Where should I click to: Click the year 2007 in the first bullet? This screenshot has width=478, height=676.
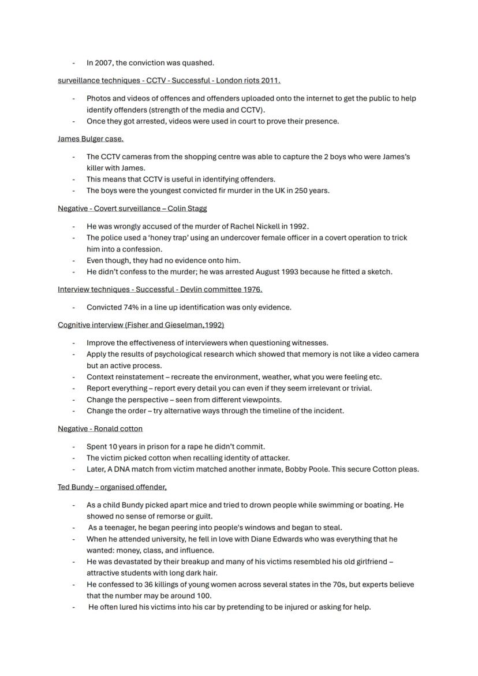[103, 63]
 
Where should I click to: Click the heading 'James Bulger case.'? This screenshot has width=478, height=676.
[91, 139]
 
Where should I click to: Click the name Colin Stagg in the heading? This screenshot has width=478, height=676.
[187, 208]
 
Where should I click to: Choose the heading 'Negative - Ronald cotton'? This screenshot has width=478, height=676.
[100, 429]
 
